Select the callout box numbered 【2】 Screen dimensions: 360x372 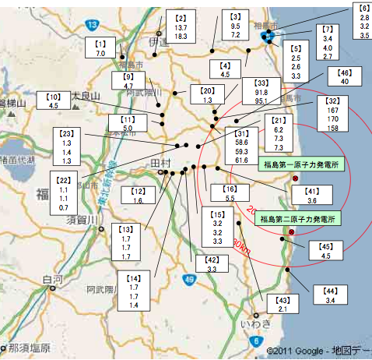(181, 26)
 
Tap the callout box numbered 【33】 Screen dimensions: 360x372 (261, 91)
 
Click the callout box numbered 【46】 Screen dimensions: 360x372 (345, 76)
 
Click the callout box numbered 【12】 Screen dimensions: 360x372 (138, 196)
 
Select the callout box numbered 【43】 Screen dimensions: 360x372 (283, 304)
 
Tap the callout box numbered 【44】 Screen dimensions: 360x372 (330, 295)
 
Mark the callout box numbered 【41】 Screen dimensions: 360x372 (311, 196)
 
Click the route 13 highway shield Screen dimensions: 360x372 (92, 25)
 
